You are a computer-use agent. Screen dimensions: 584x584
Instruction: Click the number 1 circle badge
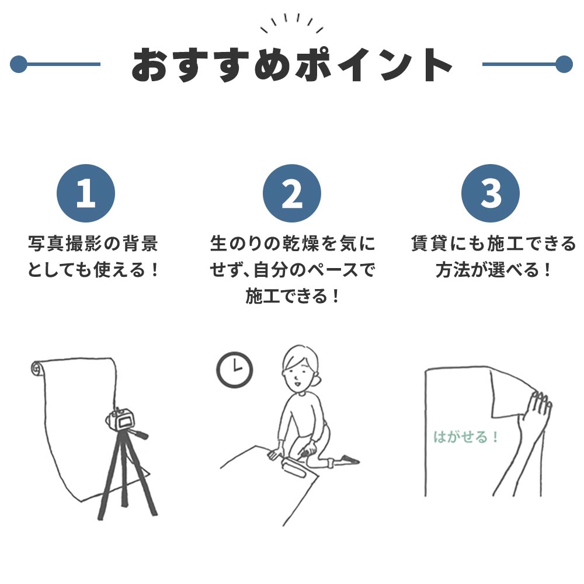[x=85, y=193]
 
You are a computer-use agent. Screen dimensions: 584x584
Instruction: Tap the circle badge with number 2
[x=291, y=193]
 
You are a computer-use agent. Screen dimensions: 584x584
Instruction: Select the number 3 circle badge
[x=490, y=193]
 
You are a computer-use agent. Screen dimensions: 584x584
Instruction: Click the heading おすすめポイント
[x=291, y=64]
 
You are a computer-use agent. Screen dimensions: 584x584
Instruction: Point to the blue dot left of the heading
[x=19, y=64]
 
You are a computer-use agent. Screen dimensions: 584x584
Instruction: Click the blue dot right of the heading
[x=564, y=64]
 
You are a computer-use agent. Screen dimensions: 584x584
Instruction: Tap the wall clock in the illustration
[x=234, y=369]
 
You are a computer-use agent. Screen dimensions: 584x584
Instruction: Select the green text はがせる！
[x=466, y=437]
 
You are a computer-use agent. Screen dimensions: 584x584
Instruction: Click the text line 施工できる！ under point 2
[x=292, y=297]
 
